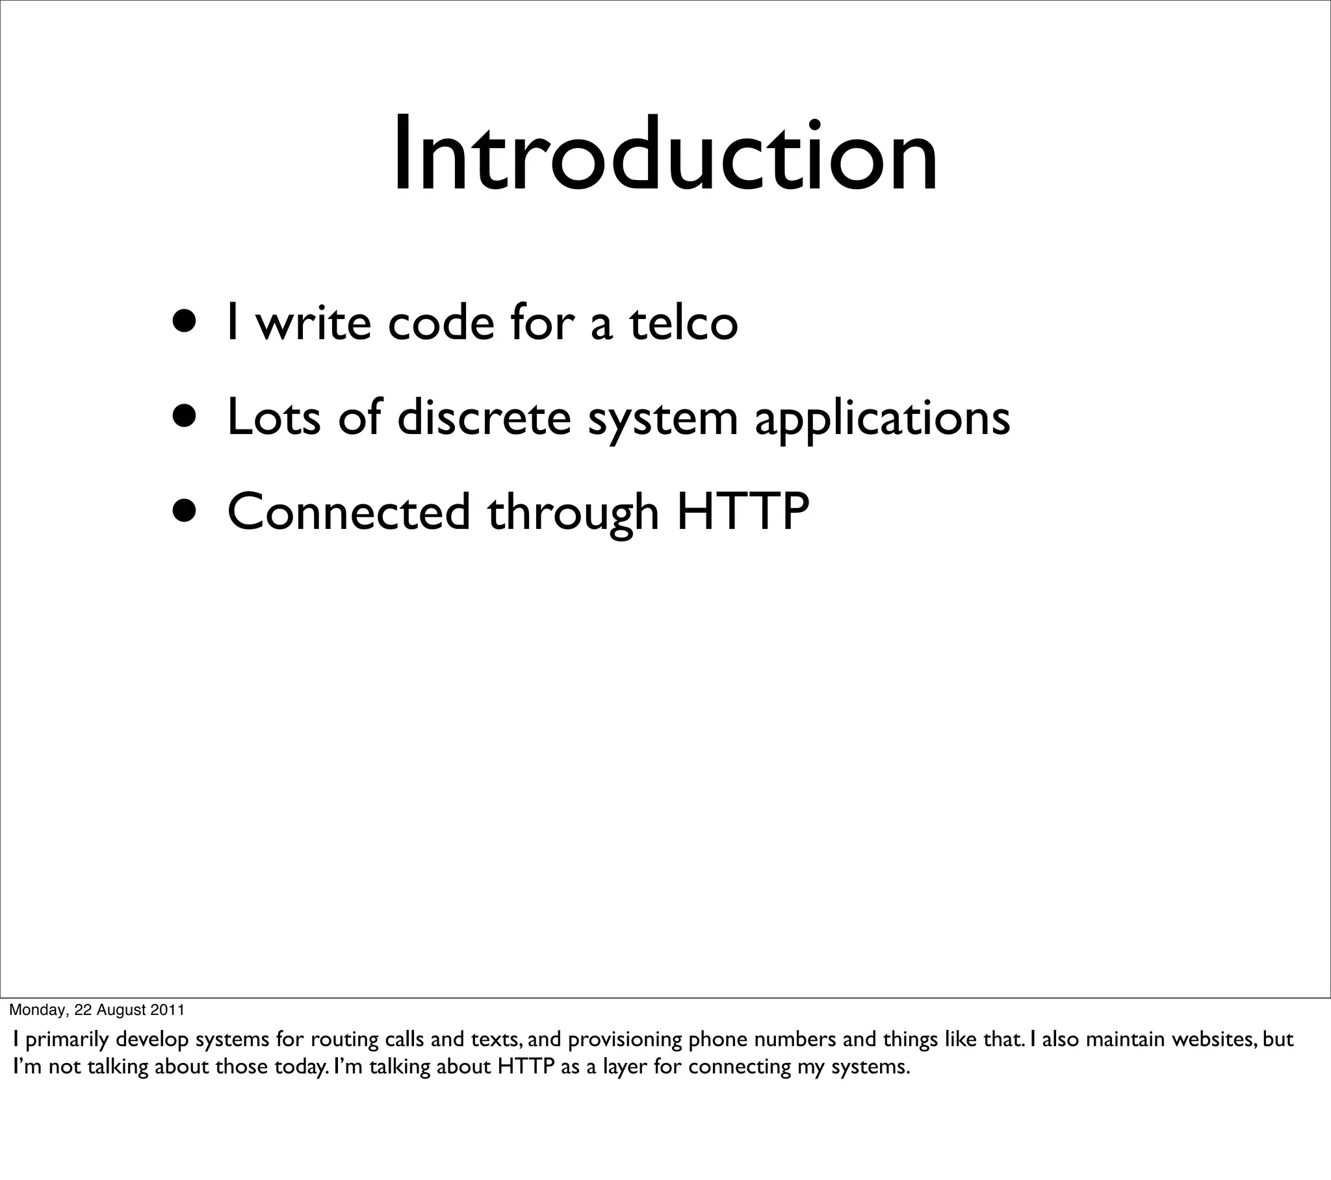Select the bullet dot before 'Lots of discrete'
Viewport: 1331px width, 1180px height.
pyautogui.click(x=185, y=415)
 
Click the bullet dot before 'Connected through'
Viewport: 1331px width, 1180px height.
pyautogui.click(x=185, y=511)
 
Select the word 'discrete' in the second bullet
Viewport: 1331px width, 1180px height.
pyautogui.click(x=484, y=417)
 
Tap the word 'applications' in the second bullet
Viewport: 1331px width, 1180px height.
pyautogui.click(x=883, y=418)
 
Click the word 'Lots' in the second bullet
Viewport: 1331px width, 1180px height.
pyautogui.click(x=274, y=417)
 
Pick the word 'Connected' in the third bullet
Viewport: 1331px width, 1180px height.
pyautogui.click(x=348, y=512)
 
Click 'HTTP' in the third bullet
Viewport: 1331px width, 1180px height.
pyautogui.click(x=743, y=512)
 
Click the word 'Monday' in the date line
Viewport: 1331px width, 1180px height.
pyautogui.click(x=36, y=1010)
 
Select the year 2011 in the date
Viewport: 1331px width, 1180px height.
pyautogui.click(x=168, y=1010)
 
